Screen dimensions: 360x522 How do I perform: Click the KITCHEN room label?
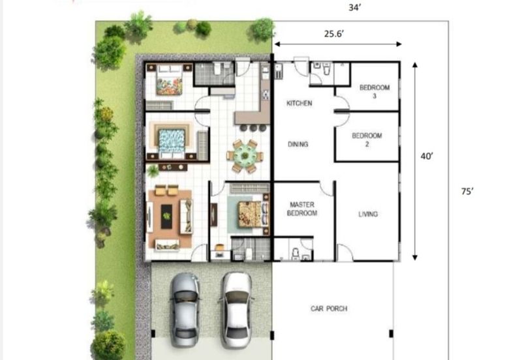[x=299, y=103]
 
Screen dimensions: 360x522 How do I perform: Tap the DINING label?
[x=298, y=144]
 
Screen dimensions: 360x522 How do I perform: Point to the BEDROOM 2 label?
[x=367, y=140]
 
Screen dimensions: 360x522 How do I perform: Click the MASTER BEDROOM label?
[x=302, y=209]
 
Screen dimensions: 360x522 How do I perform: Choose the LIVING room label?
[x=367, y=214]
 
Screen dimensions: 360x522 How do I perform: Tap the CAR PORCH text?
[x=329, y=308]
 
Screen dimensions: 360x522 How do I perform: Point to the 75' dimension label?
[x=467, y=192]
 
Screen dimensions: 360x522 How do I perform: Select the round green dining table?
[x=245, y=155]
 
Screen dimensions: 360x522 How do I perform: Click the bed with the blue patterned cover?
[x=172, y=140]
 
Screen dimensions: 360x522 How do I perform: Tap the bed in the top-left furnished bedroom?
[x=168, y=81]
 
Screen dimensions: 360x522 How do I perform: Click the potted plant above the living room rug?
[x=153, y=171]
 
